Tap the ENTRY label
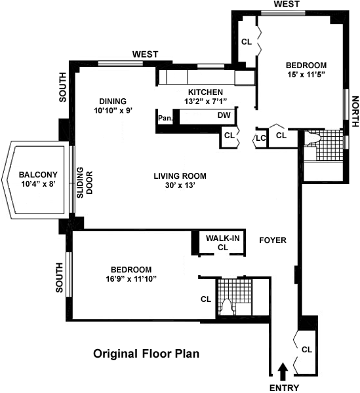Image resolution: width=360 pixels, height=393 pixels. pos(284,388)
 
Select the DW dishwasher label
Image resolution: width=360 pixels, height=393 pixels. pos(224,115)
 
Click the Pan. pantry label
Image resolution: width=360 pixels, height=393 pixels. pos(165,118)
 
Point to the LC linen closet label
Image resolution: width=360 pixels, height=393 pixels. pos(261,138)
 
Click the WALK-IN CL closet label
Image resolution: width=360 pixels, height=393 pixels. pos(223,242)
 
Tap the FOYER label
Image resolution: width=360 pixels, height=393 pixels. pos(273,240)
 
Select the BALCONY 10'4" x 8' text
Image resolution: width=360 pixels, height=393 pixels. pos(38,179)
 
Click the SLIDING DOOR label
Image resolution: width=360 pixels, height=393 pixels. pos(85,183)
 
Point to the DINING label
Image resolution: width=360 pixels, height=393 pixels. pos(113,102)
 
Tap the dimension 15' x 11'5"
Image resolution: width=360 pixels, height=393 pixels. pos(306,75)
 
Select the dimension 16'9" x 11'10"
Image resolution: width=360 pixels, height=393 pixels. pos(131,279)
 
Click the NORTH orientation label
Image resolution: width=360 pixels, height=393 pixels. pos(355,111)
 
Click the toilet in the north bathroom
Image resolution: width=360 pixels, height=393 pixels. pos(312,139)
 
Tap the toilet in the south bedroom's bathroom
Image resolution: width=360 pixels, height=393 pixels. pos(227,307)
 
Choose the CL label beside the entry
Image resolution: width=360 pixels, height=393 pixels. pos(307,349)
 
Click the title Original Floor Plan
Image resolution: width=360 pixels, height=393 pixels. pos(146,354)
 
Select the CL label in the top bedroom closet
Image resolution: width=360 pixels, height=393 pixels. pos(247,42)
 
